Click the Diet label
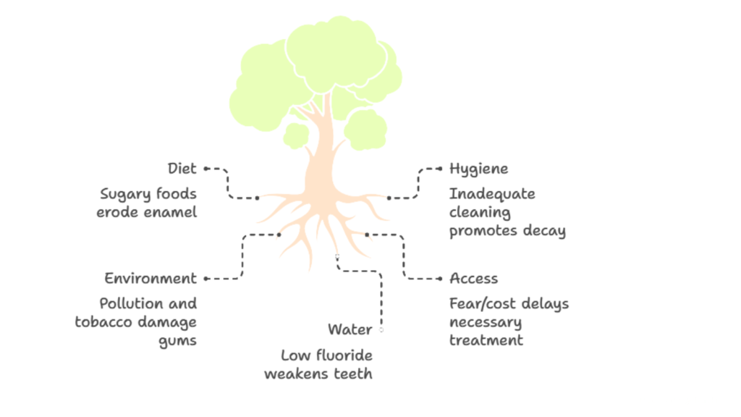(182, 169)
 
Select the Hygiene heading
(478, 169)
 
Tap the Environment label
(150, 279)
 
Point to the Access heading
(473, 279)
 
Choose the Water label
(350, 330)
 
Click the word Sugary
(125, 195)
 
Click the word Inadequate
(492, 195)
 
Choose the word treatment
(486, 340)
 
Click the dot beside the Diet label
(206, 168)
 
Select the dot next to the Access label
(440, 279)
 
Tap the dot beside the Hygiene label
(440, 169)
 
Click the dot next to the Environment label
(206, 279)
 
